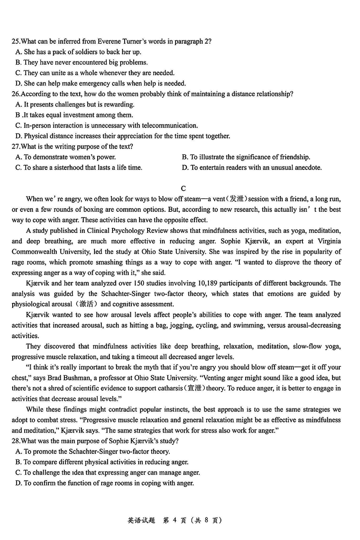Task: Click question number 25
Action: [16, 41]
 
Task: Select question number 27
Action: [16, 147]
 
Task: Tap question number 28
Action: [16, 441]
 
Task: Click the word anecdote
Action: [309, 168]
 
